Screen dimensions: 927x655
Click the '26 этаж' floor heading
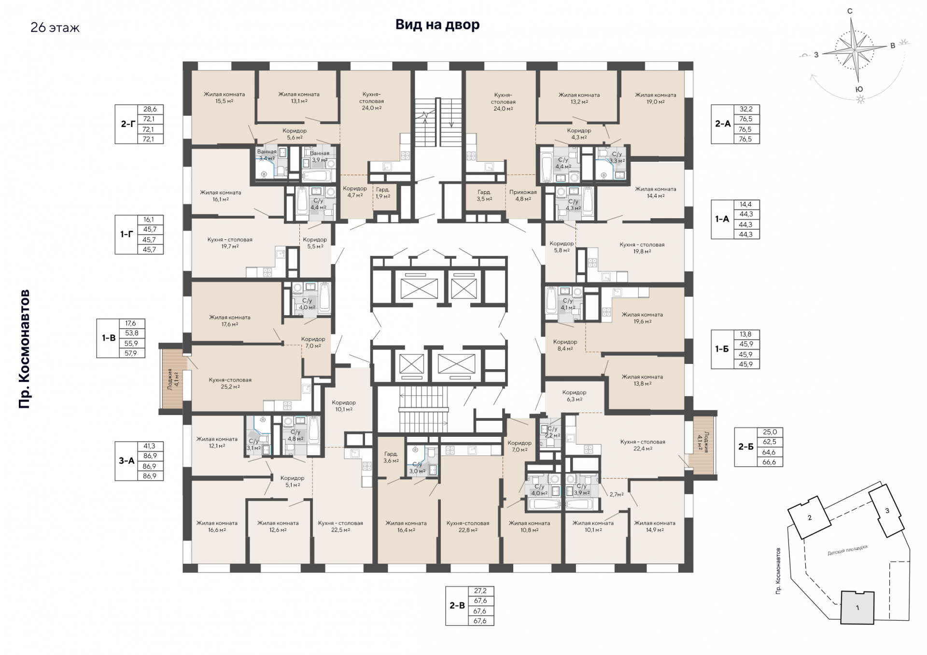click(x=55, y=28)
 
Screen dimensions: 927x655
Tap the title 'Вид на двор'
click(x=437, y=25)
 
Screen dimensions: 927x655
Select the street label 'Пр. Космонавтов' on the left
click(x=24, y=349)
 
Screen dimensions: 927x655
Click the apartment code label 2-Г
click(x=127, y=124)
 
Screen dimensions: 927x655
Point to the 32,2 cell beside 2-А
click(x=746, y=109)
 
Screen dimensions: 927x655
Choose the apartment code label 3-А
click(x=126, y=461)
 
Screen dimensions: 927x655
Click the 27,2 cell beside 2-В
click(x=480, y=591)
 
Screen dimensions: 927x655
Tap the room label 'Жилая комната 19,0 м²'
click(x=655, y=98)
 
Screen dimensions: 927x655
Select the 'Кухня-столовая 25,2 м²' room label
click(x=230, y=383)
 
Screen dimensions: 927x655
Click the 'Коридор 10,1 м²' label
click(x=344, y=405)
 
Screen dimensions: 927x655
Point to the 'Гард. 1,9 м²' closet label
click(x=383, y=193)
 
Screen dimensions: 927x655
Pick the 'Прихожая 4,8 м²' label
click(x=523, y=195)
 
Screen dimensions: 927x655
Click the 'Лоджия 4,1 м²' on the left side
click(x=173, y=379)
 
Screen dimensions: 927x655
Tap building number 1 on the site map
click(x=857, y=608)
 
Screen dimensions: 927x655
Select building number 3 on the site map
click(x=887, y=511)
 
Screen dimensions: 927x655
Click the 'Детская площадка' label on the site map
click(x=847, y=550)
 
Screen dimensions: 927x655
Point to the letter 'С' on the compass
click(x=850, y=11)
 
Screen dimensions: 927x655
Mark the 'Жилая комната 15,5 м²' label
click(x=224, y=98)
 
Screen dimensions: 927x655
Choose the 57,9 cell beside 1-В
click(x=131, y=353)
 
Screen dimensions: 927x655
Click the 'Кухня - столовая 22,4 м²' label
click(x=643, y=445)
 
